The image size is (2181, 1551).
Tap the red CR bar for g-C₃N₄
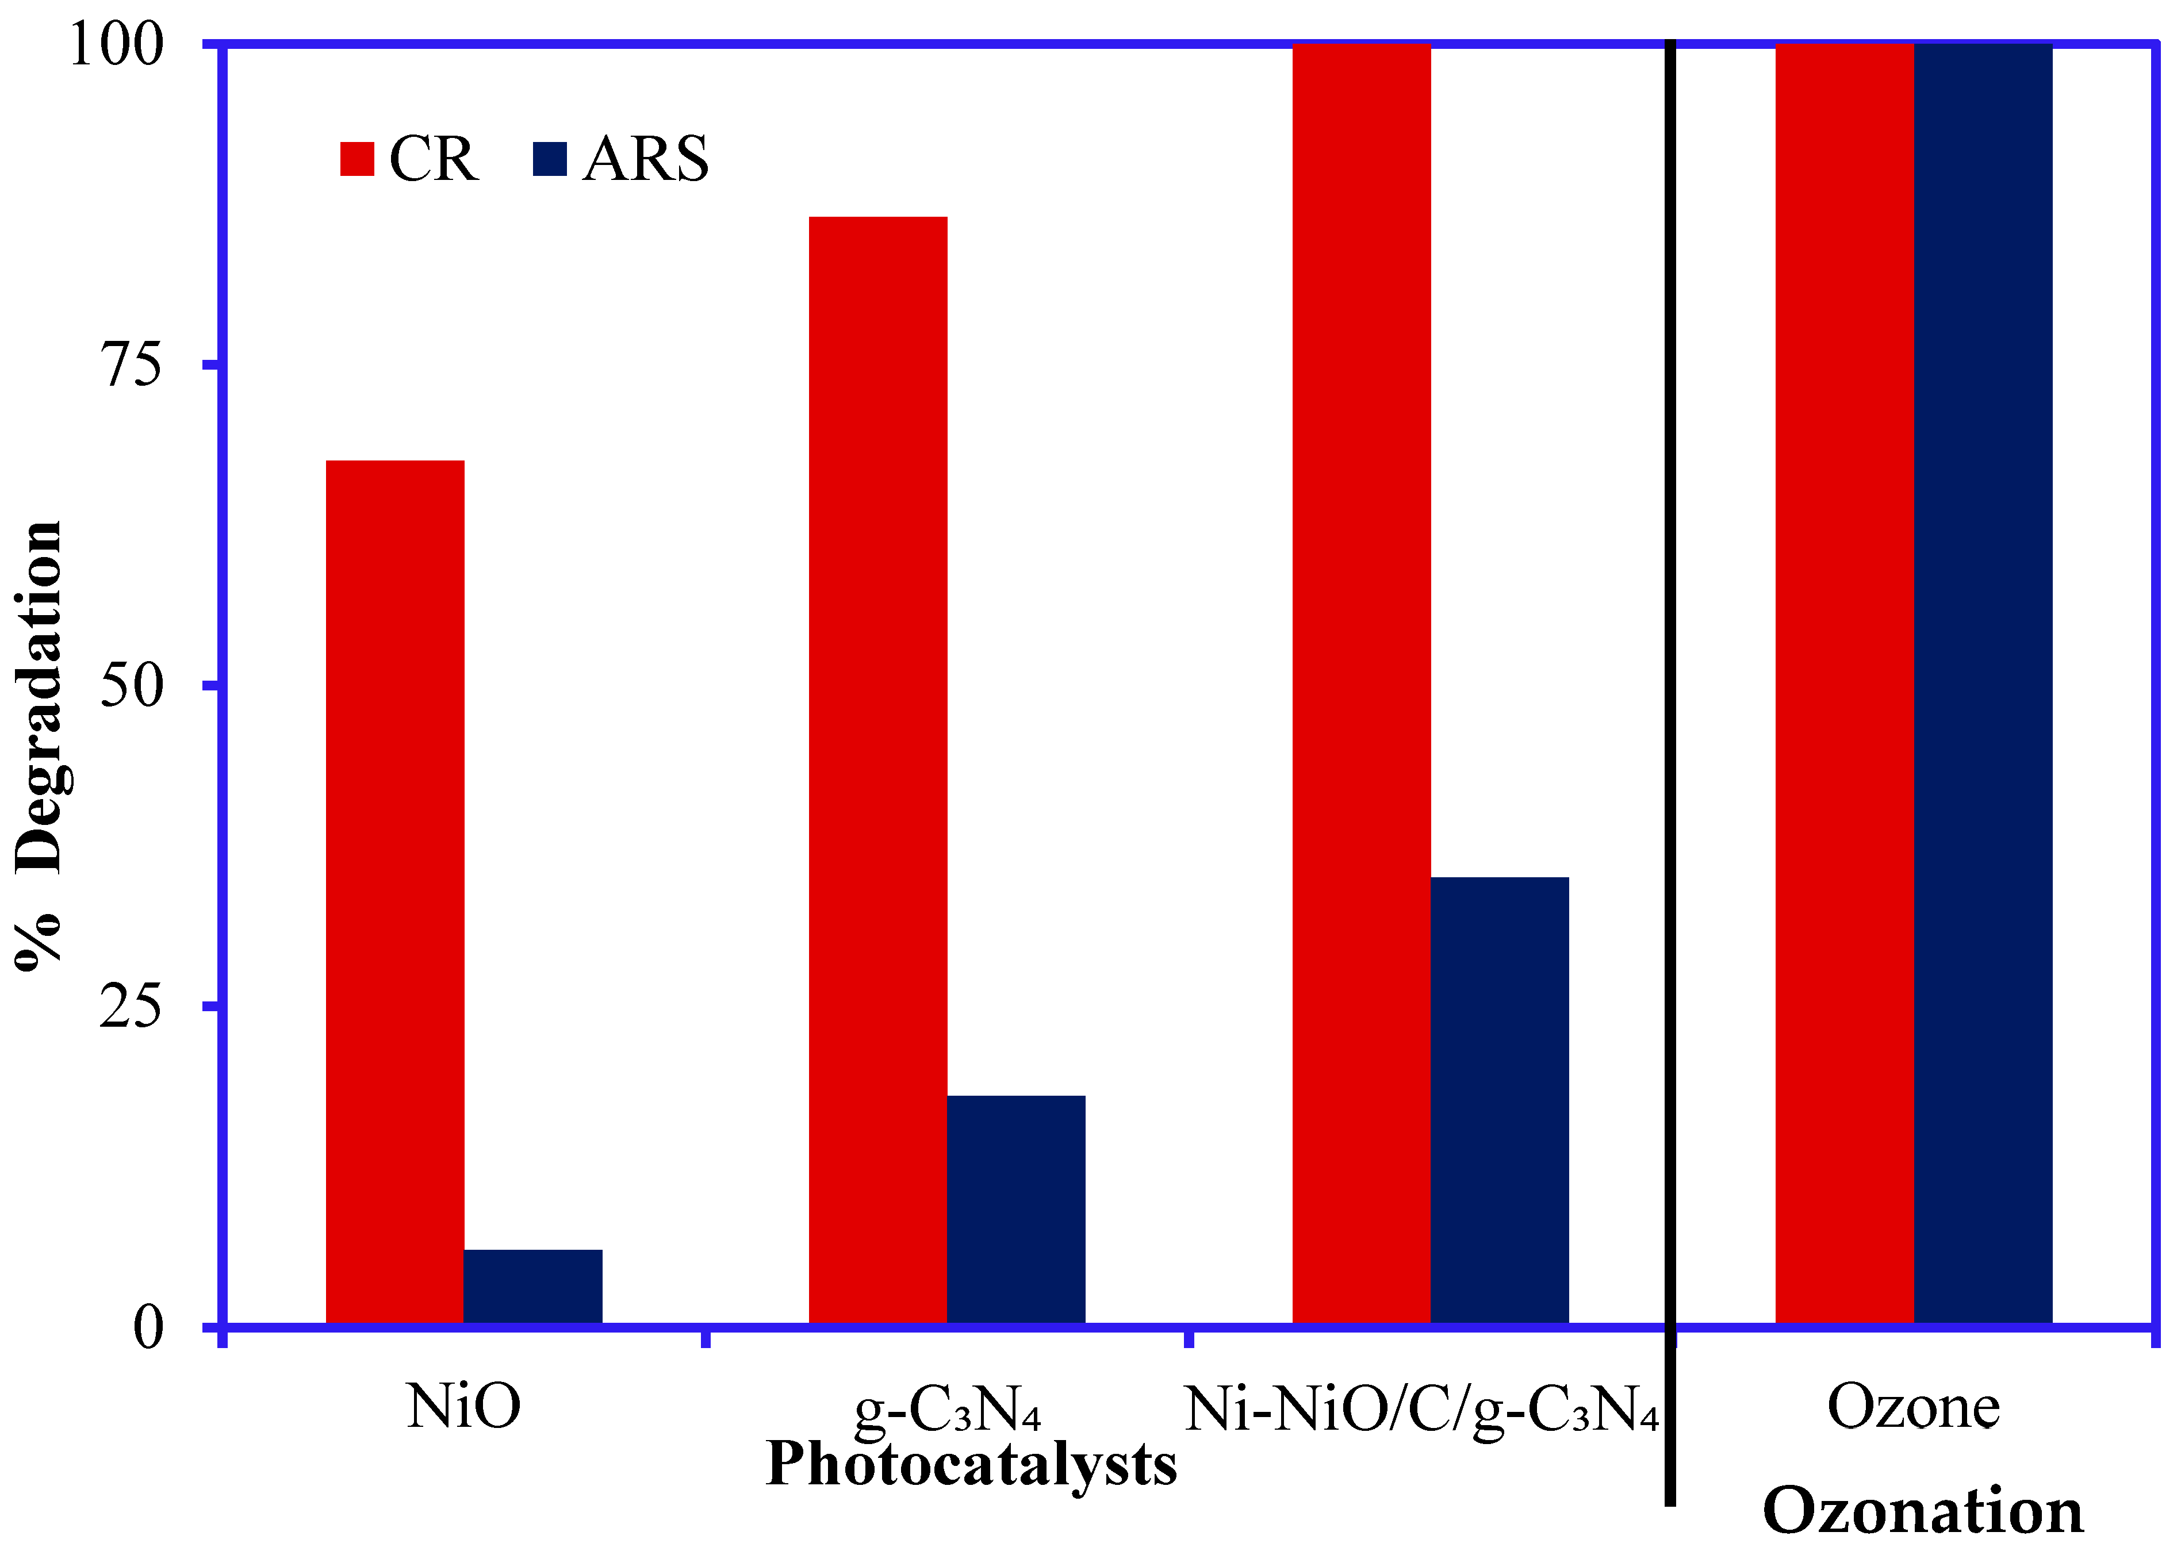point(878,770)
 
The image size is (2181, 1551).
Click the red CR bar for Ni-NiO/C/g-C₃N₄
point(1362,683)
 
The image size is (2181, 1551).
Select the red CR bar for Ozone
point(1844,683)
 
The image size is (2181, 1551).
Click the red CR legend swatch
point(357,159)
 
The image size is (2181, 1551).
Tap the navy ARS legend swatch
point(549,159)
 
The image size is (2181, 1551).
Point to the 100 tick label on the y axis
point(117,45)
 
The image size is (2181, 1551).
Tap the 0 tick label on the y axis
point(148,1327)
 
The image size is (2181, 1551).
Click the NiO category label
point(463,1407)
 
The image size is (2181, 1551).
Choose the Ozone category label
point(1914,1407)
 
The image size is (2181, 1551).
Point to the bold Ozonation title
point(1922,1512)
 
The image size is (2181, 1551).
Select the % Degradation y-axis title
point(40,745)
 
